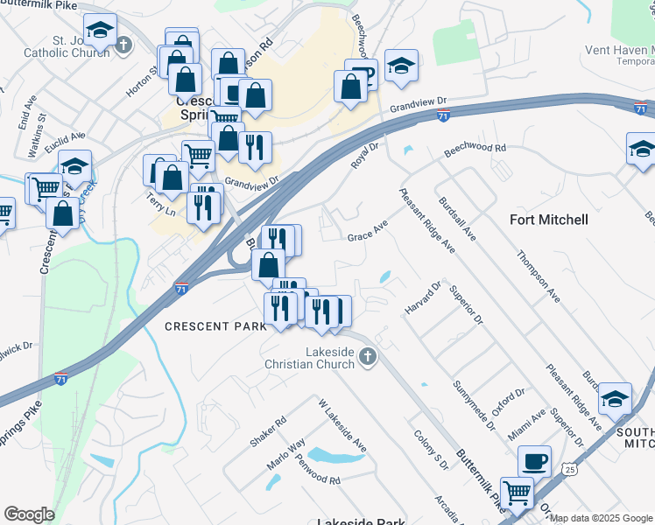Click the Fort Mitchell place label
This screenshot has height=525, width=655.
point(549,220)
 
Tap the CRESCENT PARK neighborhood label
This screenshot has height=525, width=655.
point(215,326)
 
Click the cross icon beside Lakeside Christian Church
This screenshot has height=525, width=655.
point(368,356)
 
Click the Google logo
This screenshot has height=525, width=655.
point(29,514)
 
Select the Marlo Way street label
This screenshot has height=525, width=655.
point(285,454)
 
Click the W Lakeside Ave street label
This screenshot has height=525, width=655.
point(342,427)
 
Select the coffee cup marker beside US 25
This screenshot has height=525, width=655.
point(534,461)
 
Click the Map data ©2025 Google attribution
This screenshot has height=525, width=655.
point(601,518)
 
